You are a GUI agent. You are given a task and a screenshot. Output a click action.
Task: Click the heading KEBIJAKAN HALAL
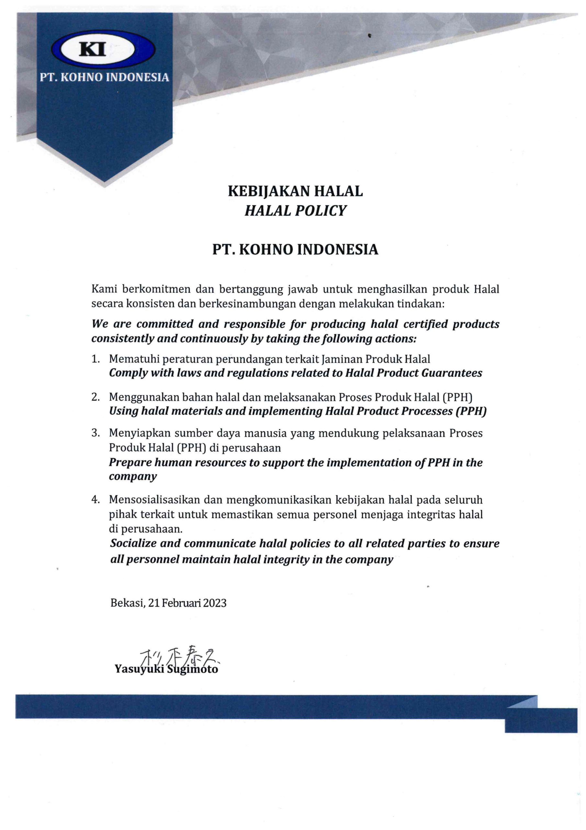pyautogui.click(x=295, y=191)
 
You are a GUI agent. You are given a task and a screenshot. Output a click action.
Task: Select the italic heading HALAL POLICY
pyautogui.click(x=295, y=211)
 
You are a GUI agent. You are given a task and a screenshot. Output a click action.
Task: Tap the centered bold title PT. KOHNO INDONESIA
pyautogui.click(x=295, y=250)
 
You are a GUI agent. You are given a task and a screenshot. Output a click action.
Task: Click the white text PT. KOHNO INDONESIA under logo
pyautogui.click(x=104, y=77)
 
